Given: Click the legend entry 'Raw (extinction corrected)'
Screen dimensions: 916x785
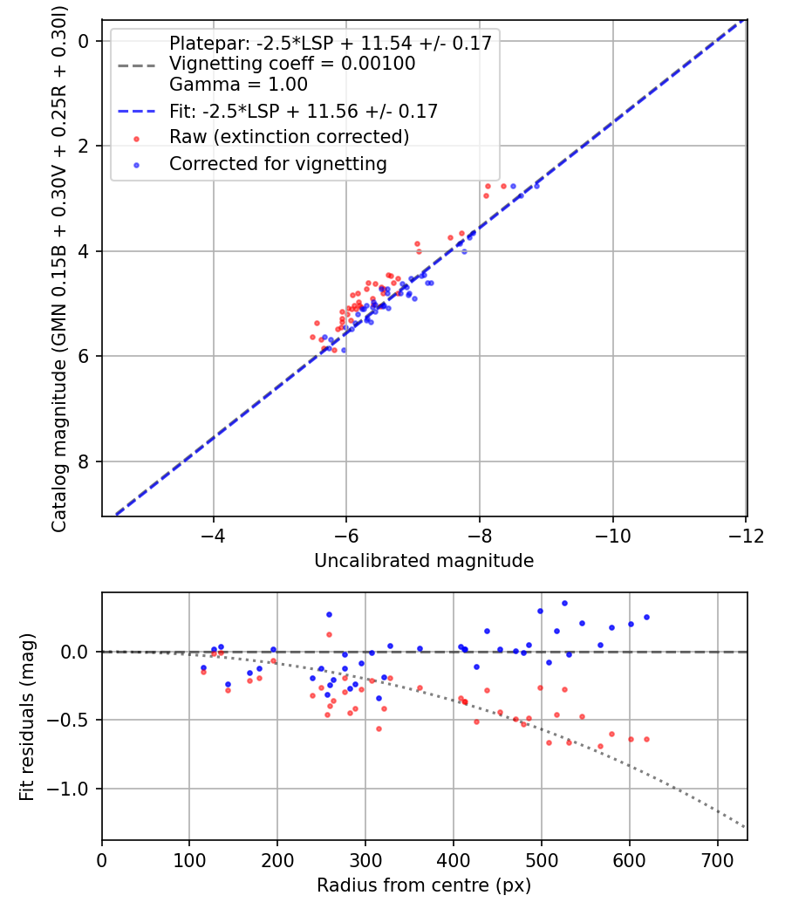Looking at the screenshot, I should coord(289,137).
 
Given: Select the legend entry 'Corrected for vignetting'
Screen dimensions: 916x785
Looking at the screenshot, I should coord(277,163).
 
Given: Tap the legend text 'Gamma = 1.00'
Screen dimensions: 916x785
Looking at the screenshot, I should coord(238,85).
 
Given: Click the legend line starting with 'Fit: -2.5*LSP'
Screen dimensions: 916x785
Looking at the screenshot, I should coord(303,111).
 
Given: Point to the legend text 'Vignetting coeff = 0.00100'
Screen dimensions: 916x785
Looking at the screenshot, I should coord(292,64).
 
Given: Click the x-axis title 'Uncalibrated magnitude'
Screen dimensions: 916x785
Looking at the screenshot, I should coord(424,561).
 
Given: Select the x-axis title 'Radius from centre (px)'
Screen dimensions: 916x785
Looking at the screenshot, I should coord(424,885).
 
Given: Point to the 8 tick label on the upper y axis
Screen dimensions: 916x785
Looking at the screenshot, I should coord(85,461).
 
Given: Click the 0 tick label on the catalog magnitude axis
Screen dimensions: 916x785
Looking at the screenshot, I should coord(85,41).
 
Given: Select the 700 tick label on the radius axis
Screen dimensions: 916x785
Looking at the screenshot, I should coord(717,860).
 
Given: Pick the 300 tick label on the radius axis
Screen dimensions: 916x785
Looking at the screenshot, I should coord(365,860).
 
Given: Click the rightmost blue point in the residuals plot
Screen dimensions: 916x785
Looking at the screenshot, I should coord(646,617).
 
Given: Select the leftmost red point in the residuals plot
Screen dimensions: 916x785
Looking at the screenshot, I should coord(203,672).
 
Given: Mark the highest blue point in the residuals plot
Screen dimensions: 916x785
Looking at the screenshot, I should coord(564,603).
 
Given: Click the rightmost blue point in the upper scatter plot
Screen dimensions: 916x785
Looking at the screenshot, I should coord(536,186).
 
